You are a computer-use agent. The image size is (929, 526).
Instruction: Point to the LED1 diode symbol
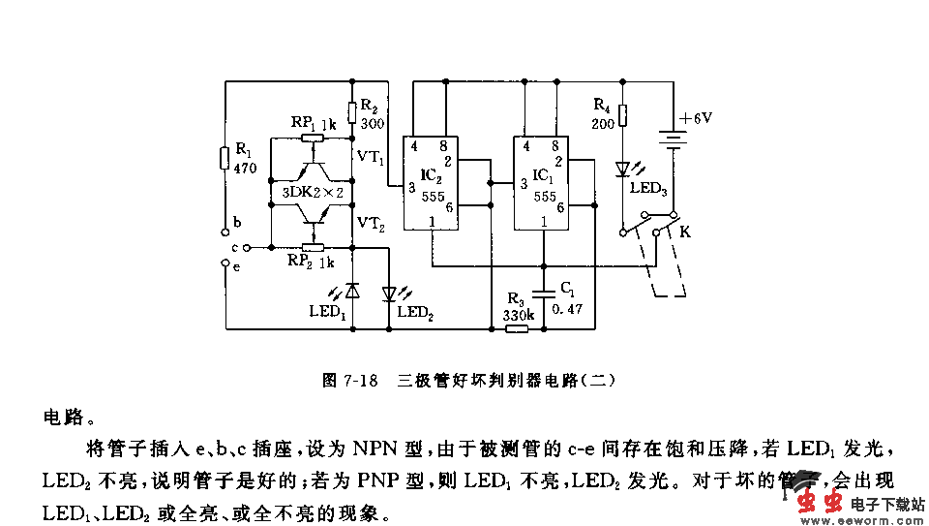click(352, 290)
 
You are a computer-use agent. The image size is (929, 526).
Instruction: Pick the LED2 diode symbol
click(389, 292)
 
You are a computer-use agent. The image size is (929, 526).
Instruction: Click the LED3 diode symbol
click(624, 169)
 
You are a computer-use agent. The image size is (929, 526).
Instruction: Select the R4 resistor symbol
click(624, 117)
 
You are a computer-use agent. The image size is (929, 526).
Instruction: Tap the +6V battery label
click(695, 118)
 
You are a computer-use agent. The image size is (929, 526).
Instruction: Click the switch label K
click(685, 232)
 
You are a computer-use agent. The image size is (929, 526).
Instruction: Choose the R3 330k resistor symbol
click(518, 328)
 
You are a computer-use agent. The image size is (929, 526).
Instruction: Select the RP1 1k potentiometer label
click(314, 123)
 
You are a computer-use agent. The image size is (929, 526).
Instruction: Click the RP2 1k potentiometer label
click(311, 262)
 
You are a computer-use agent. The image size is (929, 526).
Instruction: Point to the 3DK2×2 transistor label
click(313, 193)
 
